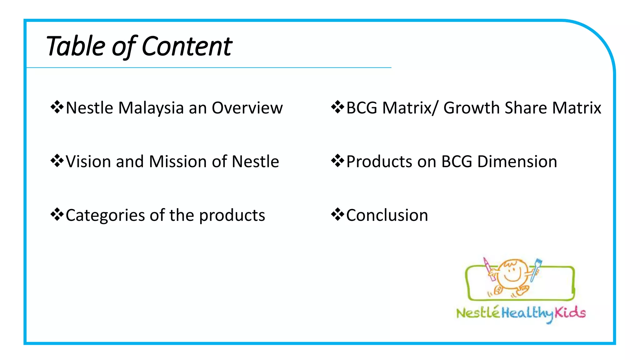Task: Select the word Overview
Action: pyautogui.click(x=247, y=108)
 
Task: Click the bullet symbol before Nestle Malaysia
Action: pyautogui.click(x=57, y=107)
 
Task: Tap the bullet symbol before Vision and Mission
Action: pyautogui.click(x=57, y=161)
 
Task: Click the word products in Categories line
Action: pyautogui.click(x=232, y=216)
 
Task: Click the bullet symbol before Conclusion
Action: pyautogui.click(x=337, y=215)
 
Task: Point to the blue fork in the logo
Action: pyautogui.click(x=537, y=269)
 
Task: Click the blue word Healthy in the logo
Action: pyautogui.click(x=527, y=313)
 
